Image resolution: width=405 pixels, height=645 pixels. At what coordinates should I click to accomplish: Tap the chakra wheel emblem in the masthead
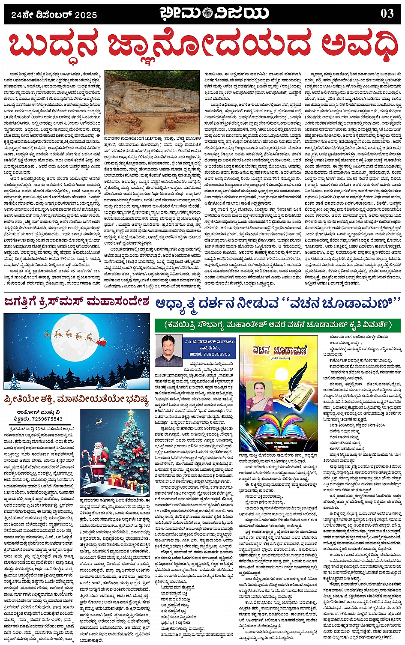click(208, 13)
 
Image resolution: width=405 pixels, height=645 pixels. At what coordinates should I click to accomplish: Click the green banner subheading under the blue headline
click(278, 325)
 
